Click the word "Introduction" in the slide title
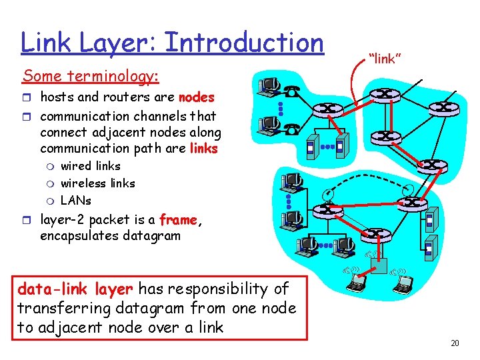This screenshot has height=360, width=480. [243, 43]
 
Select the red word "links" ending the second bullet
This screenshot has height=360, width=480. [203, 149]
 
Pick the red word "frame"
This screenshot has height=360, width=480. [178, 220]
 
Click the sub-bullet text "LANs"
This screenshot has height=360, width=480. [75, 200]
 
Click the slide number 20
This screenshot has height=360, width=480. [455, 343]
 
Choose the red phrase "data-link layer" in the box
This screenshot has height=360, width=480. [75, 289]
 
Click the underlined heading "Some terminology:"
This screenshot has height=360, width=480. [91, 77]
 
